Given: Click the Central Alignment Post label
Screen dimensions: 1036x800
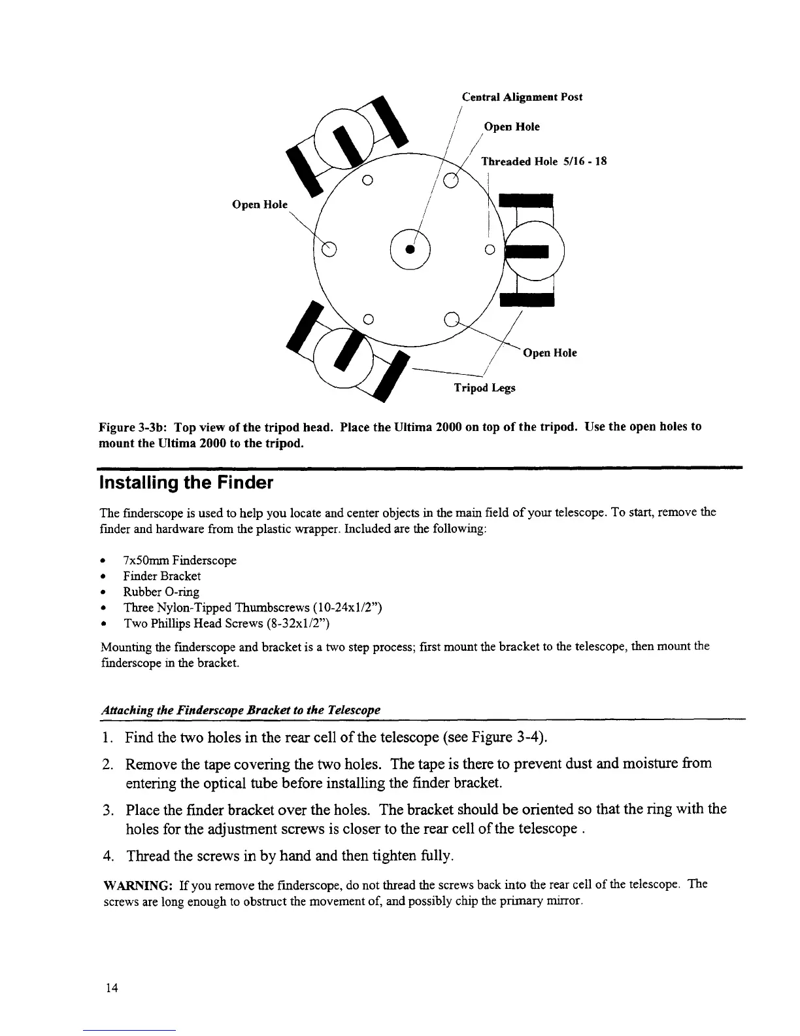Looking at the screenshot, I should [x=522, y=97].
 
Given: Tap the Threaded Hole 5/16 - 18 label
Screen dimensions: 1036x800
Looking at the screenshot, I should [x=544, y=161].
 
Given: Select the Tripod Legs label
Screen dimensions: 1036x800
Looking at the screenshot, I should [x=484, y=388].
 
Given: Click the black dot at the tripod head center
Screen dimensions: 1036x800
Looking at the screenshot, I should [x=410, y=249].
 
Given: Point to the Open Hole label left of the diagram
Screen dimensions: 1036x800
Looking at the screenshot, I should [x=259, y=204].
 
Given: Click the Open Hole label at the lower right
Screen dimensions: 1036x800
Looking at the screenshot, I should [x=550, y=353].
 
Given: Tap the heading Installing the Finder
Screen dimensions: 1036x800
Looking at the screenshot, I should [x=184, y=483].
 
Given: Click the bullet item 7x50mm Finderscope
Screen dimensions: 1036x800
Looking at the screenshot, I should [x=179, y=561].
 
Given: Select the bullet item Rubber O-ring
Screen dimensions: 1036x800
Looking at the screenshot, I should [x=161, y=592].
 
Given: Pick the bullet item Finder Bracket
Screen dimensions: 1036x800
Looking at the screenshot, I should [x=161, y=576].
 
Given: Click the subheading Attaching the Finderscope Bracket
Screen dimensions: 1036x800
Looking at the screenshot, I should [x=241, y=710].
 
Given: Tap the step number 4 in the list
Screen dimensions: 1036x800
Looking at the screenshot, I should [x=108, y=856].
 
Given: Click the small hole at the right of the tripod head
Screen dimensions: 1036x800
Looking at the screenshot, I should [x=489, y=250].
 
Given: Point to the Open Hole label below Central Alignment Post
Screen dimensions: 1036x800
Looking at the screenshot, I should [x=511, y=126].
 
